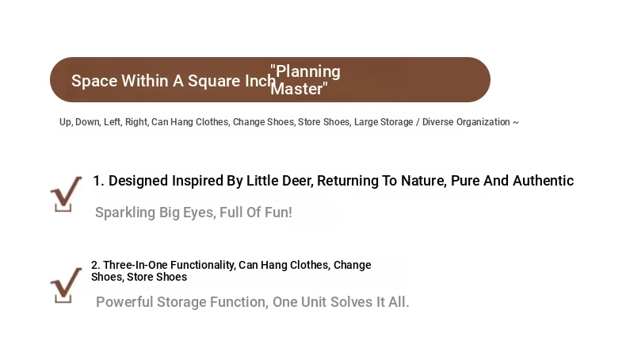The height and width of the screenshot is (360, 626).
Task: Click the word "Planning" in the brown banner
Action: pos(308,72)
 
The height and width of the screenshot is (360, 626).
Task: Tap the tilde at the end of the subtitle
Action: pos(515,122)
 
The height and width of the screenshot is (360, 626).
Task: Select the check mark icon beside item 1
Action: pos(66,194)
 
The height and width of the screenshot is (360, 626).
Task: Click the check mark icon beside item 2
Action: pos(66,285)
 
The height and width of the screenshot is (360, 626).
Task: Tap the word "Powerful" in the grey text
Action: pos(124,302)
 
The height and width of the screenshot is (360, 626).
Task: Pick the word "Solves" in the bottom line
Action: pos(352,302)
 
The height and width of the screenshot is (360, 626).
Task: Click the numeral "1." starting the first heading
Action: pos(98,181)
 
